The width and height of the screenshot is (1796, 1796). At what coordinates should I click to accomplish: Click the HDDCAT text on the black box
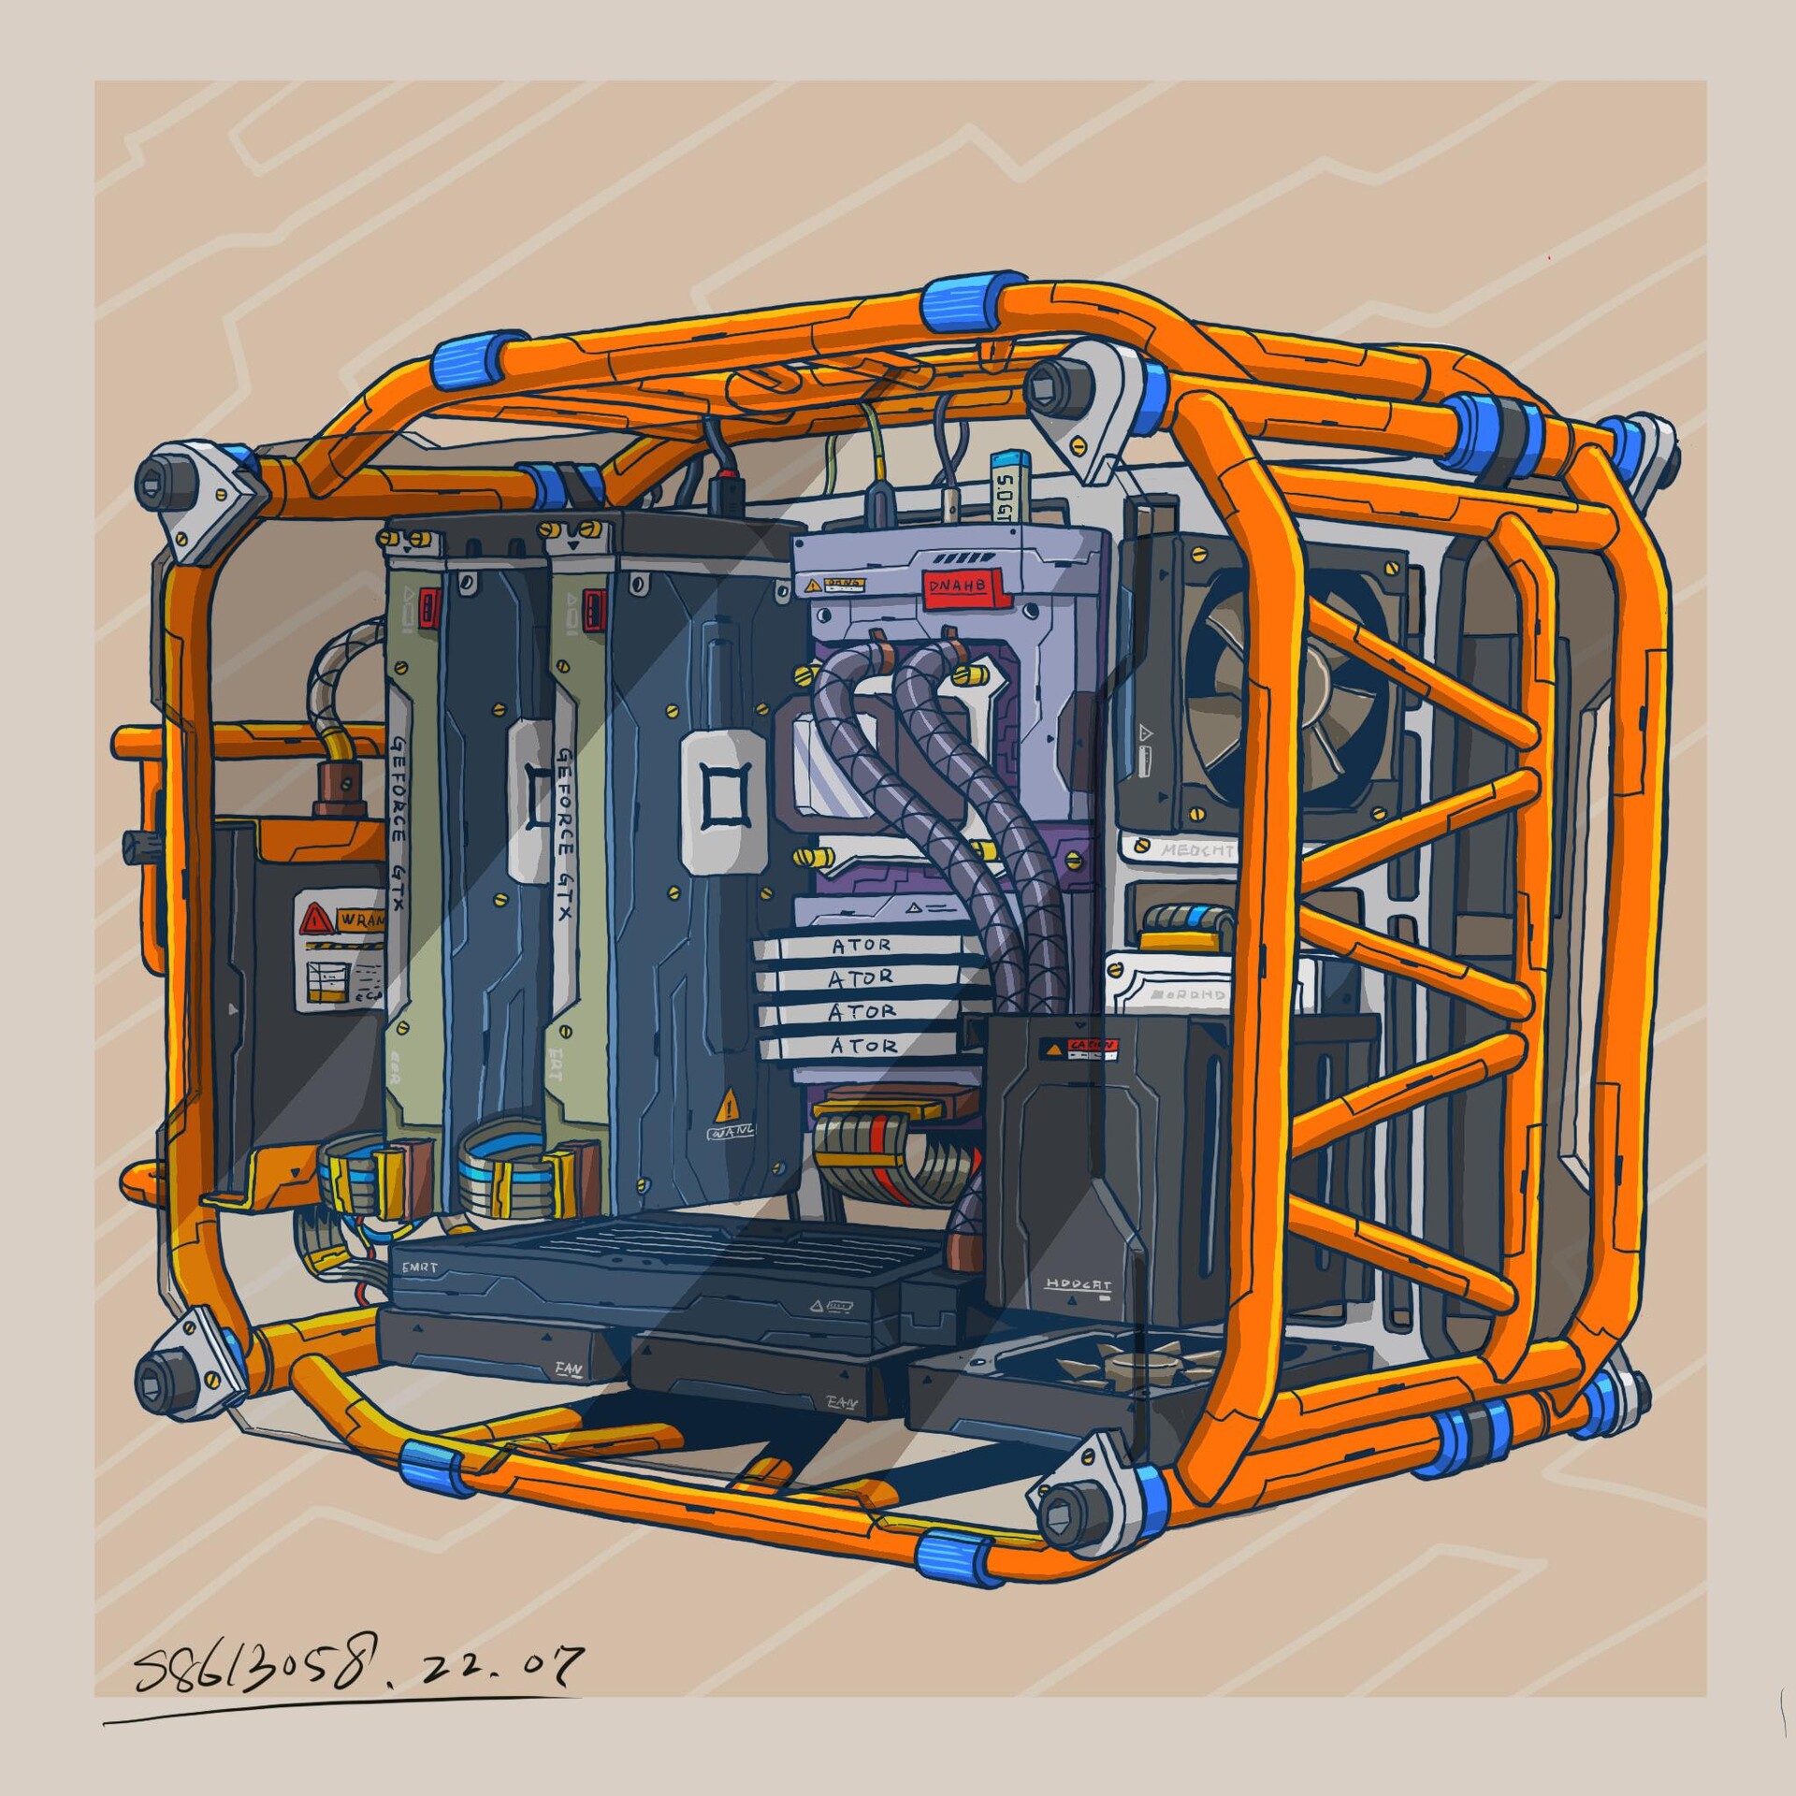(1078, 1284)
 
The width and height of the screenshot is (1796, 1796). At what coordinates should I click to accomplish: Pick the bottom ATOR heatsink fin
(862, 1046)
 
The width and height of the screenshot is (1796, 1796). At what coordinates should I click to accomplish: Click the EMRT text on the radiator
(421, 1267)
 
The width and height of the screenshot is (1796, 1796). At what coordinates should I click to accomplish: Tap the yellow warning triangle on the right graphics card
(728, 1108)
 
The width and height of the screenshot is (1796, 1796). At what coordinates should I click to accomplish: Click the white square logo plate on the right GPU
(719, 802)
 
